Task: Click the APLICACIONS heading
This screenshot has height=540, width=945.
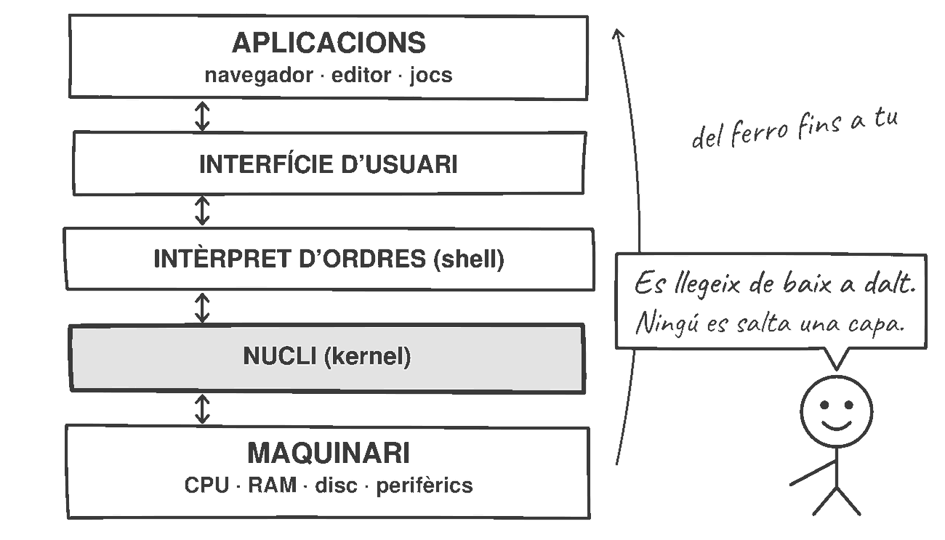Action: point(329,43)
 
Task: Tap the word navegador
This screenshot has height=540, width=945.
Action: point(259,76)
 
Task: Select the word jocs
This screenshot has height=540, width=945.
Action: point(431,76)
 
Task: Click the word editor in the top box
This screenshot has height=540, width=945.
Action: point(361,75)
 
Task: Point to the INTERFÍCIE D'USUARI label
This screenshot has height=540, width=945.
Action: point(329,164)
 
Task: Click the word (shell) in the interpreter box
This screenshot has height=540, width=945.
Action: point(469,259)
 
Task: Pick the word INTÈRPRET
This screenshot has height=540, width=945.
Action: point(222,258)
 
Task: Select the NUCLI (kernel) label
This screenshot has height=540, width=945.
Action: point(327,356)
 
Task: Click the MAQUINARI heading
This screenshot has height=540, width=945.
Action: point(329,453)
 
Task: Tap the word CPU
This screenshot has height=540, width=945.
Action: point(206,485)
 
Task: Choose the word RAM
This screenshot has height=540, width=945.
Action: point(272,485)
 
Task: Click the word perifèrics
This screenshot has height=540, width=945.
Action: point(425,486)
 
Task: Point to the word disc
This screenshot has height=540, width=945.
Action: point(337,485)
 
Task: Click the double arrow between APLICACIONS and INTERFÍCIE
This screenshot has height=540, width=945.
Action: point(202,116)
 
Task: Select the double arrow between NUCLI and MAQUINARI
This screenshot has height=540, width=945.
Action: point(202,409)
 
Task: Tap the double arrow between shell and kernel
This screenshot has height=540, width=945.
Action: point(202,308)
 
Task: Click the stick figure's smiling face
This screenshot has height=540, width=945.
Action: point(836,412)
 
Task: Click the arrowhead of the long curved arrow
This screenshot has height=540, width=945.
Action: point(618,33)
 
